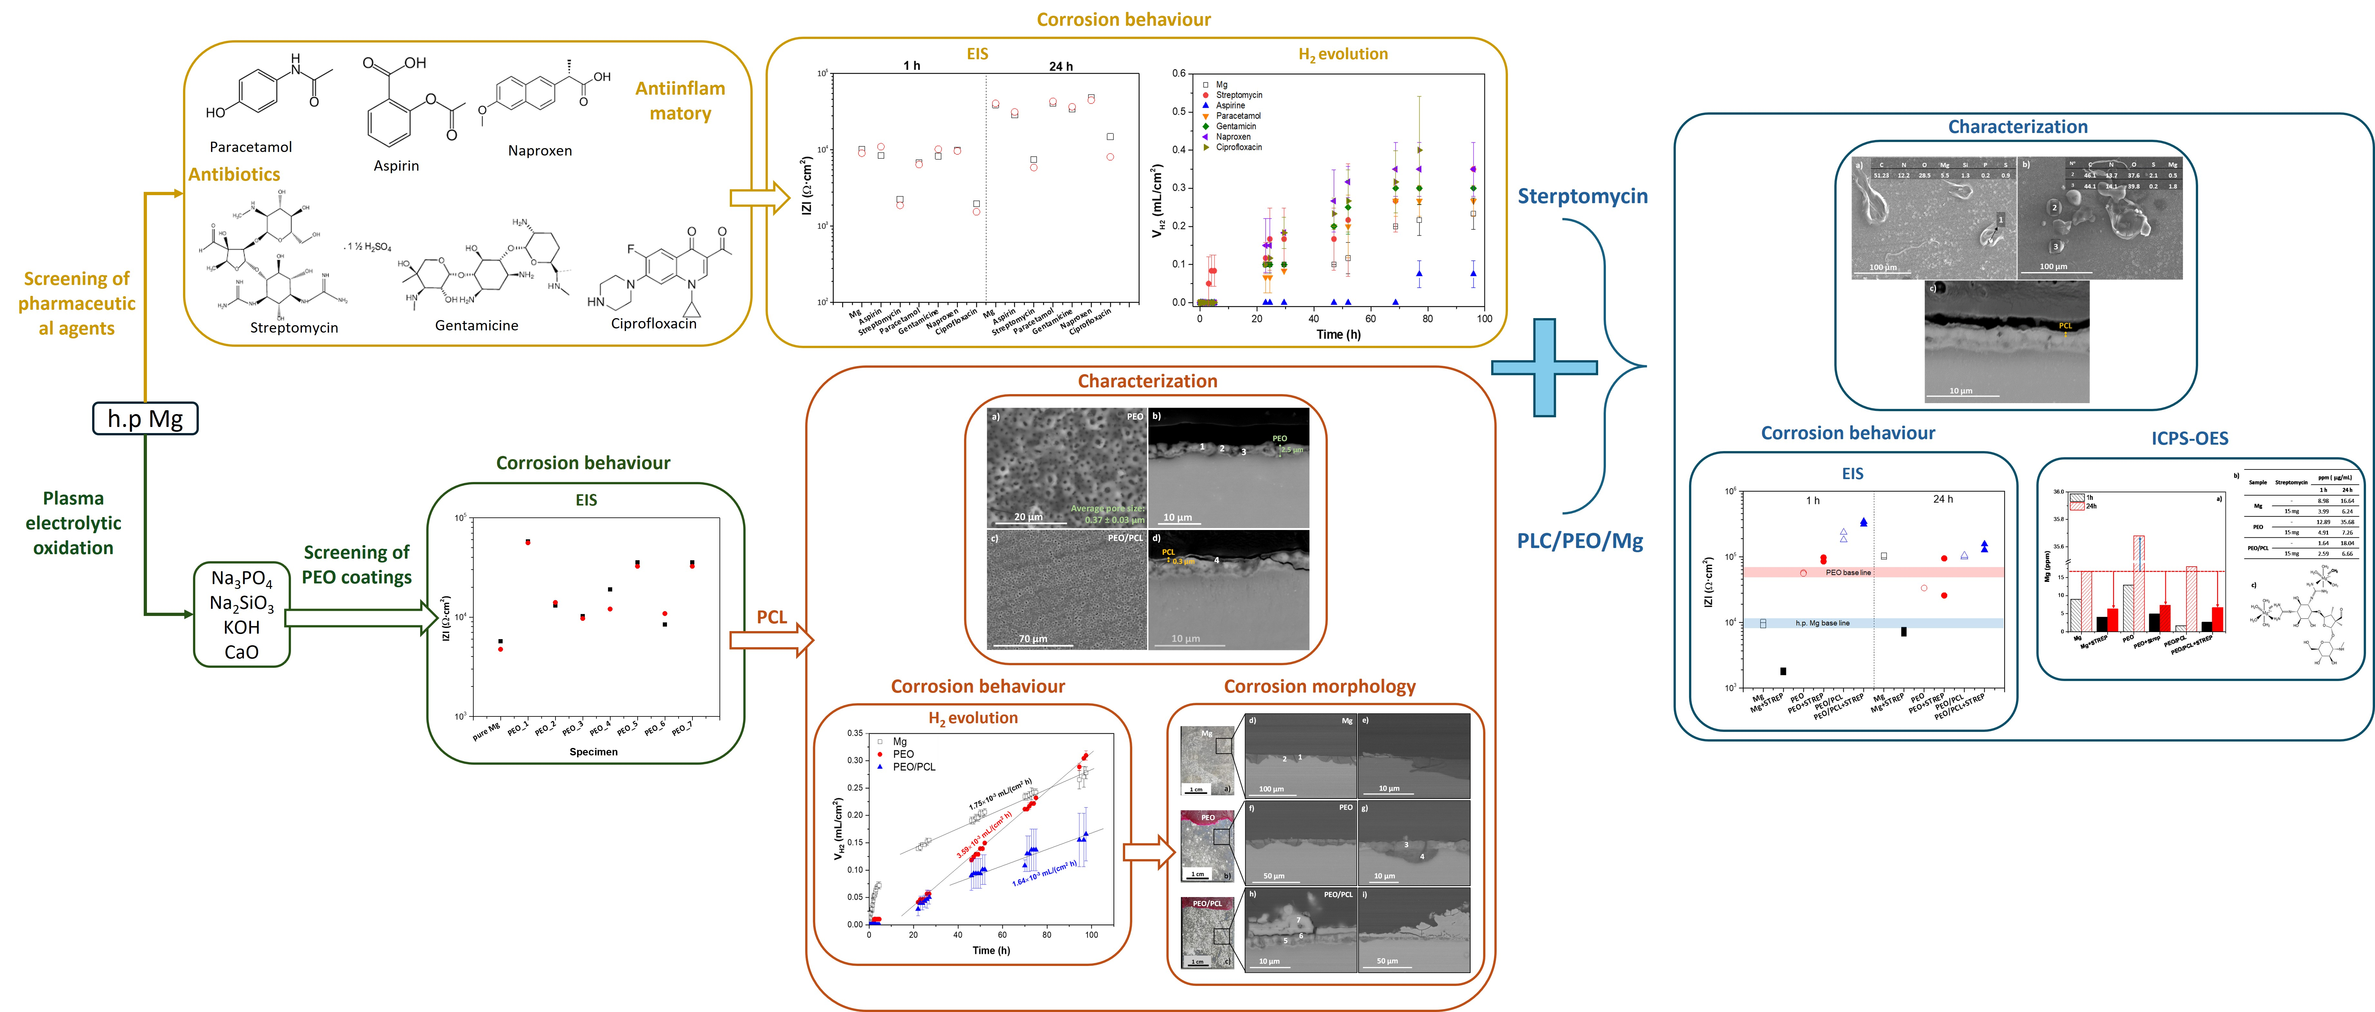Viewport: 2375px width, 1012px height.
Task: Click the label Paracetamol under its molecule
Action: point(251,147)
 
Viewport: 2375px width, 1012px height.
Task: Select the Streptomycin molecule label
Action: point(294,327)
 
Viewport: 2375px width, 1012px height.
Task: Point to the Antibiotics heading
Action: point(234,174)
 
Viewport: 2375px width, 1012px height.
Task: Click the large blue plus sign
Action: point(1544,367)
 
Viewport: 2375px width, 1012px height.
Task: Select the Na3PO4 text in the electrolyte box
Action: point(242,579)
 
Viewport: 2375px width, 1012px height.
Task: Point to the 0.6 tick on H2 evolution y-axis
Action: point(1178,74)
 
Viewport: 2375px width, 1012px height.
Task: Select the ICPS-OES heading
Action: point(2190,439)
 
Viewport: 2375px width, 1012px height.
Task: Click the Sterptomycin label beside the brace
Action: point(1582,196)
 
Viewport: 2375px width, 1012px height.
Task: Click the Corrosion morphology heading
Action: point(1319,687)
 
